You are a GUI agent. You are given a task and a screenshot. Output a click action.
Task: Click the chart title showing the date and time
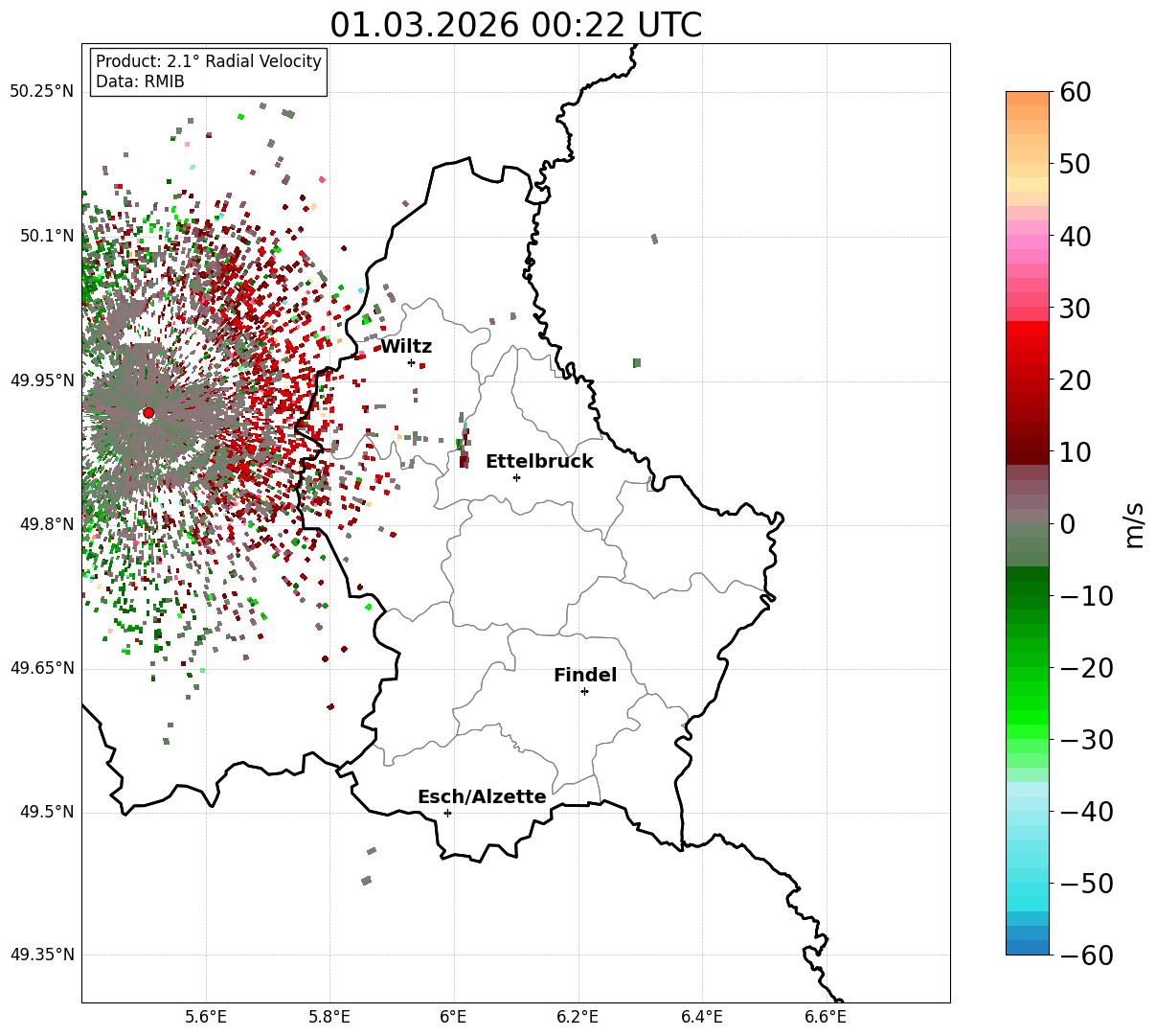[x=515, y=25]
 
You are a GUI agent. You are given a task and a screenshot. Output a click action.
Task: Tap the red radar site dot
[x=148, y=413]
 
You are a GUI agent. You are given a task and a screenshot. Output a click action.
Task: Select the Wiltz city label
[x=406, y=347]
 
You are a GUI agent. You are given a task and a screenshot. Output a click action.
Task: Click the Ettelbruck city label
[x=539, y=462]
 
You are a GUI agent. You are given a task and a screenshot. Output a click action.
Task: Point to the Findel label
[x=585, y=676]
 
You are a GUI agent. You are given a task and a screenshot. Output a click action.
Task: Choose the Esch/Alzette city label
[x=482, y=797]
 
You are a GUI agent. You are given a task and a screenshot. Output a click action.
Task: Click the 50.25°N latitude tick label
[x=42, y=92]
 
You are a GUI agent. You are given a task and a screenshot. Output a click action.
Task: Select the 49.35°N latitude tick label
[x=42, y=955]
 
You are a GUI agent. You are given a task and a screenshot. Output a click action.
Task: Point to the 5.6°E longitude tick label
[x=206, y=1016]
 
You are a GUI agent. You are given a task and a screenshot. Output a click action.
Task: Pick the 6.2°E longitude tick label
[x=578, y=1016]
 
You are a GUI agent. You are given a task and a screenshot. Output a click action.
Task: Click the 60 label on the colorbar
[x=1075, y=92]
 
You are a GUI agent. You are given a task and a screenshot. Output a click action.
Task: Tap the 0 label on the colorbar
[x=1066, y=524]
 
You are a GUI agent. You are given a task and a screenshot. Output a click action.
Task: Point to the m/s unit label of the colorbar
[x=1135, y=524]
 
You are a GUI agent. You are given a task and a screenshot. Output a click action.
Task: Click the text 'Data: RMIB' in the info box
[x=140, y=81]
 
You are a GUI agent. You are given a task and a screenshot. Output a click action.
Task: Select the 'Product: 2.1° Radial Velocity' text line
[x=209, y=61]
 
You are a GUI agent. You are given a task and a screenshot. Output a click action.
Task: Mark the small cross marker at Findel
[x=584, y=691]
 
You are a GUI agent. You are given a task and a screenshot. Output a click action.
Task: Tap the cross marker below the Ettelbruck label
[x=517, y=477]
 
